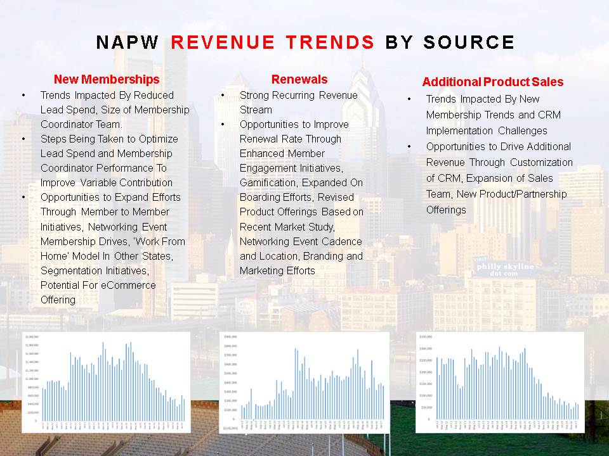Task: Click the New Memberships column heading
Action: click(x=107, y=79)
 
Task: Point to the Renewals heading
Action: click(x=299, y=79)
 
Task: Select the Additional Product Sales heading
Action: click(x=492, y=82)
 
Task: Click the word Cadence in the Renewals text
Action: click(x=341, y=241)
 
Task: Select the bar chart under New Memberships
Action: click(x=106, y=381)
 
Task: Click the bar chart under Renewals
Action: click(x=304, y=382)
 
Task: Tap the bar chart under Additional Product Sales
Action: click(x=500, y=381)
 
